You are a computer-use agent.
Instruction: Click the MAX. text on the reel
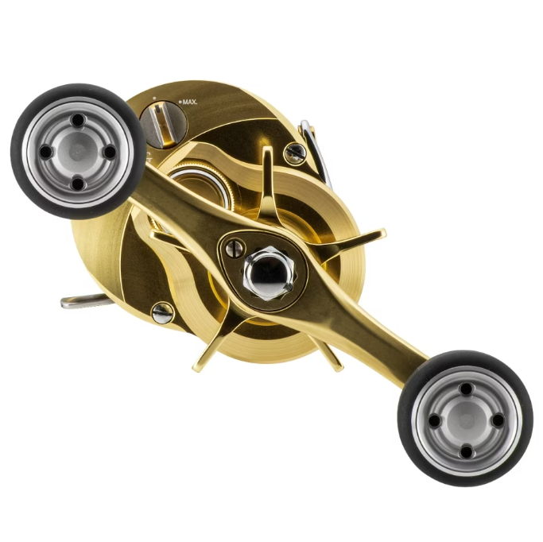190,102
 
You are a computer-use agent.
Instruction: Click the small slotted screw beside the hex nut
235,249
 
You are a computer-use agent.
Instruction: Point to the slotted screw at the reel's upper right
295,153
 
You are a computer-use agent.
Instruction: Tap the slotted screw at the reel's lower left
162,313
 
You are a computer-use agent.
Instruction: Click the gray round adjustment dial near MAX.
163,125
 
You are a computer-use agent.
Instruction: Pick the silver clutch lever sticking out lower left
86,301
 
